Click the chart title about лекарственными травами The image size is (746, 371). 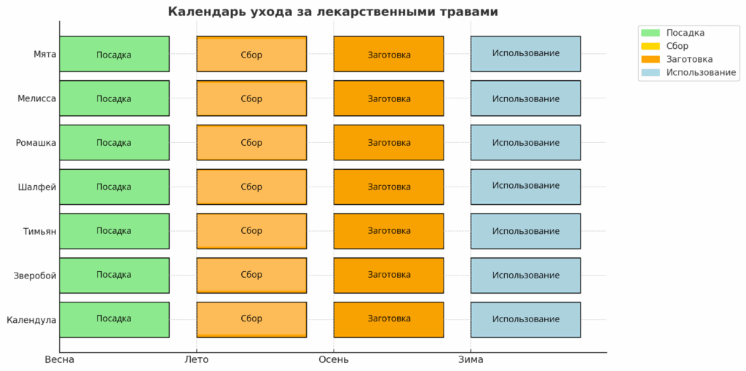333,12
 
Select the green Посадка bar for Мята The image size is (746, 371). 114,54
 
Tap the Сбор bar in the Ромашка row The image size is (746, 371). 251,142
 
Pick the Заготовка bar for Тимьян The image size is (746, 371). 389,231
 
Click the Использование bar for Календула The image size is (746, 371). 526,319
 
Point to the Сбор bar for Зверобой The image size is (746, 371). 251,276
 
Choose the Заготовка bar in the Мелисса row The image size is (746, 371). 389,98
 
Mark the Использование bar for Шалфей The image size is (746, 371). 526,187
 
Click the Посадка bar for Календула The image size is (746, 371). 114,319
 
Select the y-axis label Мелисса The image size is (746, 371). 36,98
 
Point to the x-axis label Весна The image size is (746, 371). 60,359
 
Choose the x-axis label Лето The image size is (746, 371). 197,359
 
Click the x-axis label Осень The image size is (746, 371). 334,359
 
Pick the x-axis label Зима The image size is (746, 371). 471,359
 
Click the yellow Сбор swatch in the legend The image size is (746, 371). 651,46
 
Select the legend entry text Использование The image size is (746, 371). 701,72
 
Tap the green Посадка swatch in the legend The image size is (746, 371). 651,33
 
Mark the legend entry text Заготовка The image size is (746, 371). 689,59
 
